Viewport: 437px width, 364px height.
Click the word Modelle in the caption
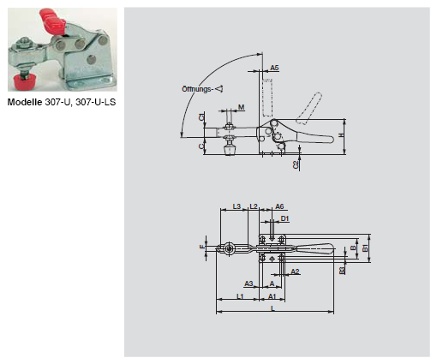23,102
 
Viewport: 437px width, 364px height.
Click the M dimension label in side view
242,108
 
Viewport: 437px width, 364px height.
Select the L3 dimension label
237,206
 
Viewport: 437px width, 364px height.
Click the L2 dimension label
254,206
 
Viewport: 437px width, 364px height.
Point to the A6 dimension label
280,206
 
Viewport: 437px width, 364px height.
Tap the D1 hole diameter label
285,219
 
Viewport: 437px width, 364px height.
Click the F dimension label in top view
203,247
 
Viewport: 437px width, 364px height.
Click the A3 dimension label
248,283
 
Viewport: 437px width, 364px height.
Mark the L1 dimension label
241,295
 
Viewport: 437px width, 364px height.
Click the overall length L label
272,307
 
